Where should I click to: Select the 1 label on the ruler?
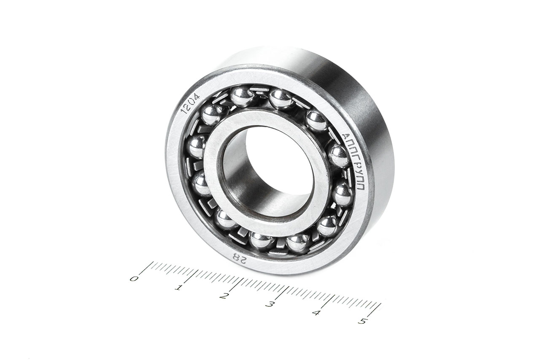tap(179, 288)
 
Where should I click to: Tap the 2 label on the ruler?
tap(224, 296)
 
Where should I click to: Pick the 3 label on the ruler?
tap(270, 305)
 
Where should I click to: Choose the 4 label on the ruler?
tap(316, 313)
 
